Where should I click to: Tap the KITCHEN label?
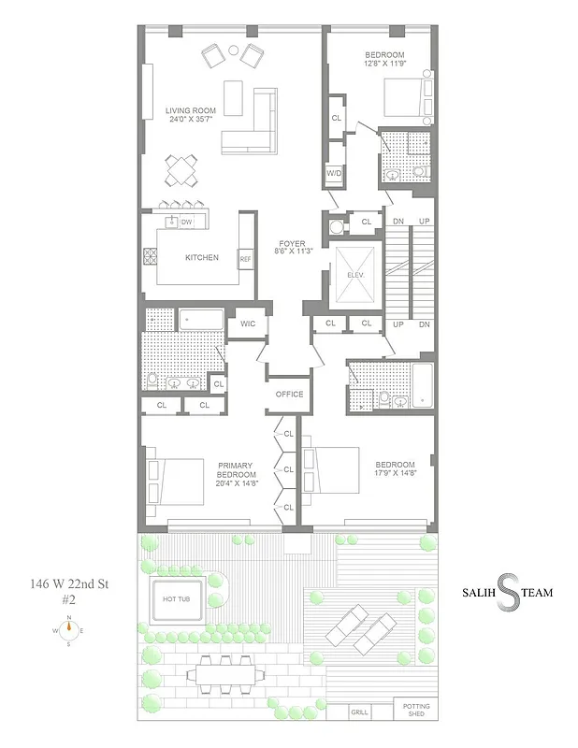point(201,258)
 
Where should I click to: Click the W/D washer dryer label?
point(334,174)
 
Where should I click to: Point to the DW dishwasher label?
point(186,222)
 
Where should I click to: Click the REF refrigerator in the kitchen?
point(245,259)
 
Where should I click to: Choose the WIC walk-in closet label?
point(248,324)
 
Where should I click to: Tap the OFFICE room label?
point(289,394)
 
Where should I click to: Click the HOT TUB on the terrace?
point(177,599)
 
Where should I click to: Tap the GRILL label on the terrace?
point(360,712)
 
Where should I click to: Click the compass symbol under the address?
point(68,631)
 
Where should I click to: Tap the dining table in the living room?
point(181,170)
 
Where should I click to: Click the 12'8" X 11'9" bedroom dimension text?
point(384,65)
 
